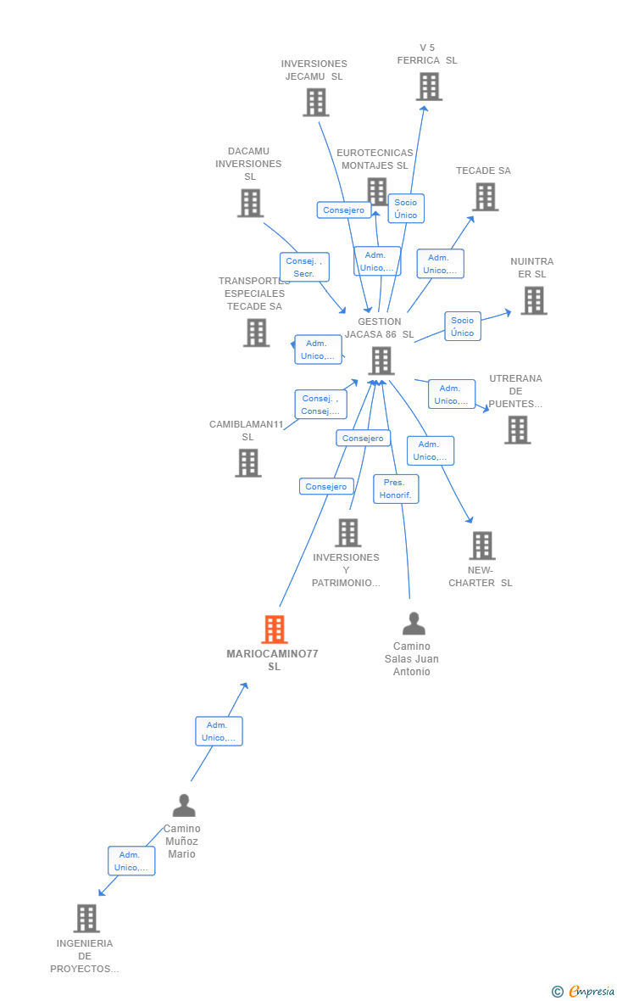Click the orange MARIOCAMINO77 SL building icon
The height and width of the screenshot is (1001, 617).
pos(274,629)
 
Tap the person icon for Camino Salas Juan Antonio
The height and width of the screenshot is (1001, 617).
pos(414,624)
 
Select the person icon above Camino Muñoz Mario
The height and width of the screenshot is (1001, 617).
pos(183,805)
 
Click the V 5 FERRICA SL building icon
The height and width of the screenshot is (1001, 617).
pos(429,87)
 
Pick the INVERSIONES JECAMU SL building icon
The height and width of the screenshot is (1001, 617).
pos(315,103)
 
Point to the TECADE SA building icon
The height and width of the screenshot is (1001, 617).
pos(485,197)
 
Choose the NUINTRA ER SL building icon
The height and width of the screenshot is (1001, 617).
pos(533,300)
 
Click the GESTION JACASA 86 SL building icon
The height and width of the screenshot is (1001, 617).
pos(381,361)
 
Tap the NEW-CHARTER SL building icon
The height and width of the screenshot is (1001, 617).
pos(481,545)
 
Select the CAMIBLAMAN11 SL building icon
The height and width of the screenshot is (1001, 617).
pos(247,463)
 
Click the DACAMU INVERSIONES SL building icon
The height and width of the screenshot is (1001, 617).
pos(250,204)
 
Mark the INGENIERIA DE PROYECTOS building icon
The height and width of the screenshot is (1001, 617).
pos(86,918)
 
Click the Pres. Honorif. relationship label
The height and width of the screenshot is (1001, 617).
pos(396,489)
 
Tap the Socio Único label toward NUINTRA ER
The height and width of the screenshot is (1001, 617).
pos(462,326)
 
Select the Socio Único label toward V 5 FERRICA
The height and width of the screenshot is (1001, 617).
pos(406,209)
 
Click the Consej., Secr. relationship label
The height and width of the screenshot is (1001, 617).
pos(304,267)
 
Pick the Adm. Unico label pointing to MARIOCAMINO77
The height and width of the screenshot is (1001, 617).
pos(219,731)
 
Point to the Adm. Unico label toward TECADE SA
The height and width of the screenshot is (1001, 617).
pos(440,264)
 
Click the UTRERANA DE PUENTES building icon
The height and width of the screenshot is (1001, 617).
pos(517,430)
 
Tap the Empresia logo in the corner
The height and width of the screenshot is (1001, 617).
pos(584,991)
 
